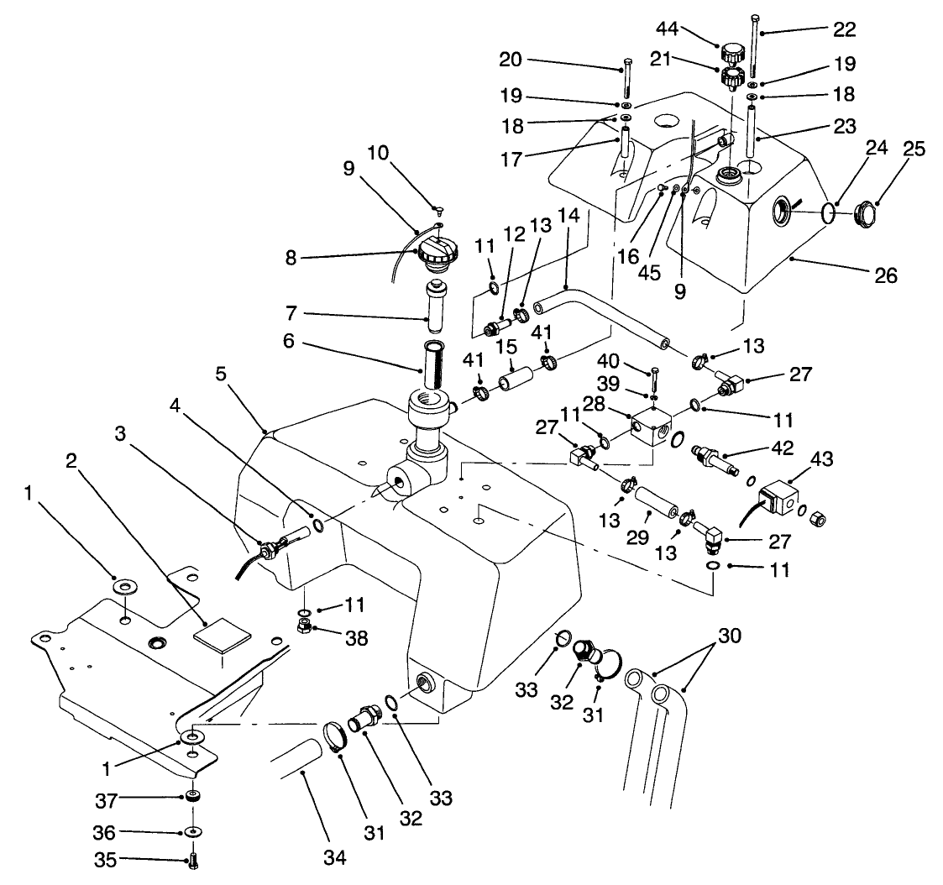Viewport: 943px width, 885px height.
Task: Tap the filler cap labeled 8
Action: pyautogui.click(x=438, y=252)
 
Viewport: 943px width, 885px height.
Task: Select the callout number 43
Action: pyautogui.click(x=823, y=459)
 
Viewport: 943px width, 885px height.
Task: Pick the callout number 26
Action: pyautogui.click(x=886, y=275)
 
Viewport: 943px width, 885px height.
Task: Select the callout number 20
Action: pyautogui.click(x=533, y=60)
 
